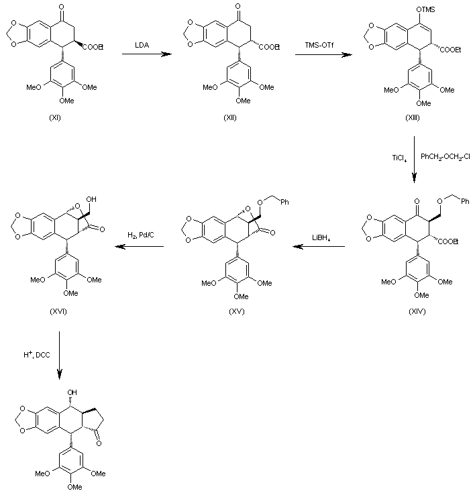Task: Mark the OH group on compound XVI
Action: point(92,199)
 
